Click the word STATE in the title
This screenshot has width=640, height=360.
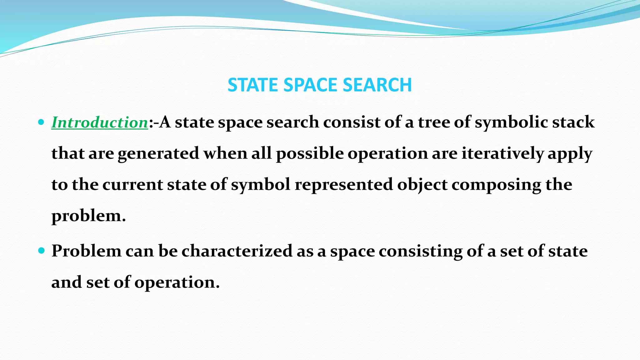coord(253,85)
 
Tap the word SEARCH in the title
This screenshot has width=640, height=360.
coord(377,85)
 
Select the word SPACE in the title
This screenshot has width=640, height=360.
coord(311,85)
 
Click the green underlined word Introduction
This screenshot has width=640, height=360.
coord(100,122)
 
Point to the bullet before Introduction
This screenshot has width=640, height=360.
coord(41,122)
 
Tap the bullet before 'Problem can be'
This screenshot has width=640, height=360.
coord(41,251)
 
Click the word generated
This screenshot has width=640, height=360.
coord(158,153)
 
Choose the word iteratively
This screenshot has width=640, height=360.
coord(502,153)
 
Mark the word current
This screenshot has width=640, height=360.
coord(132,185)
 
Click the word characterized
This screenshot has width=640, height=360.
coord(237,251)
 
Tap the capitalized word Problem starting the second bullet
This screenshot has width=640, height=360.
coord(87,251)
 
